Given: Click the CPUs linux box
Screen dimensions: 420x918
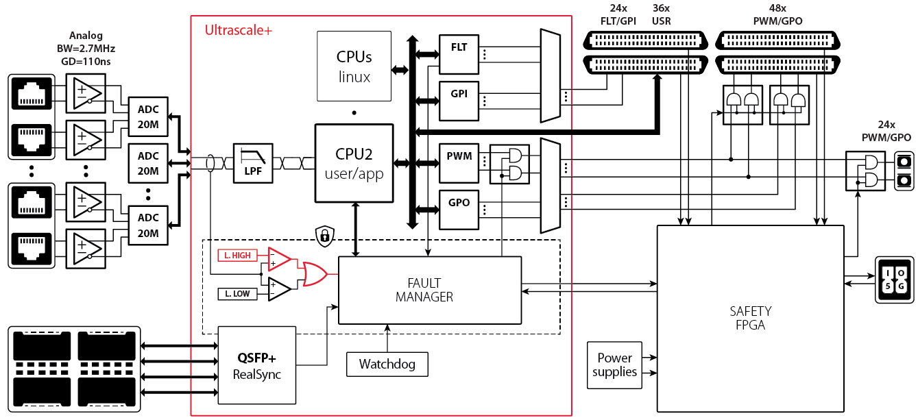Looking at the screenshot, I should [x=354, y=66].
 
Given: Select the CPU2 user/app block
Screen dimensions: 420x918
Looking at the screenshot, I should [x=354, y=163].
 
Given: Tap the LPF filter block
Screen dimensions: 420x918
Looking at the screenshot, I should [x=253, y=163].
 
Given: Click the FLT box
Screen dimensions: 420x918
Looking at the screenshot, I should [x=459, y=54].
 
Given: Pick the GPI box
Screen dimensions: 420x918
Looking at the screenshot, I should [x=459, y=100].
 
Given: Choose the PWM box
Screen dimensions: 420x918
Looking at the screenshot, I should [x=459, y=162].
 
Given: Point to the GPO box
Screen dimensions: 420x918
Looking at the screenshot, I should [x=459, y=208].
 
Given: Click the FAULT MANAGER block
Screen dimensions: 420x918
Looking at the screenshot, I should [x=429, y=290].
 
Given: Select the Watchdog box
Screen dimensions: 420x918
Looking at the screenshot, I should [x=387, y=364].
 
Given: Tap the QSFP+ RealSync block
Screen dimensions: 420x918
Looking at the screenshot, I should [x=257, y=365].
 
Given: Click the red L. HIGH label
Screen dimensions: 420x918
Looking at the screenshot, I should [x=237, y=256].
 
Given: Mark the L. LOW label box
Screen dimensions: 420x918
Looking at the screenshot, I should [x=237, y=294].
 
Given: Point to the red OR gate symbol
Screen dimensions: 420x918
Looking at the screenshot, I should [x=315, y=274].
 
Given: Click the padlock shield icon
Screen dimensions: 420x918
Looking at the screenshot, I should [x=324, y=236].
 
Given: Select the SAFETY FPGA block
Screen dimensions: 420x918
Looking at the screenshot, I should [x=750, y=319].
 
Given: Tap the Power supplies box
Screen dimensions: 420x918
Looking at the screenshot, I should [x=614, y=365].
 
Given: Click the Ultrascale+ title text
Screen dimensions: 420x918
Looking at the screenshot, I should [x=239, y=30].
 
